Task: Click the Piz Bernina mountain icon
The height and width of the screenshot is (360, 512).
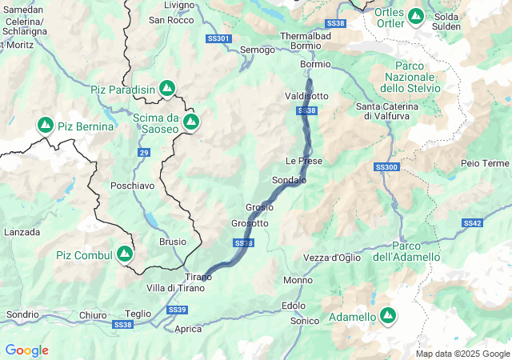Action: [x=46, y=126]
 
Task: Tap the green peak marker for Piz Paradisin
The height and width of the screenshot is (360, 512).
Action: [x=167, y=87]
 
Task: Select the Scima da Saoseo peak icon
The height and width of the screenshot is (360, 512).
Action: [x=191, y=122]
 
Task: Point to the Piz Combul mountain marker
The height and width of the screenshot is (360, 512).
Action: [x=124, y=254]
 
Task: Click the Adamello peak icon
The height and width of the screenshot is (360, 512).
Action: [x=388, y=316]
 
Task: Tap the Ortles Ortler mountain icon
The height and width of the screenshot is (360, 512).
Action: [x=416, y=15]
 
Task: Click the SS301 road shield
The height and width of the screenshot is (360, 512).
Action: [x=218, y=38]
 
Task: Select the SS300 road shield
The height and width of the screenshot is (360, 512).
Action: [x=386, y=167]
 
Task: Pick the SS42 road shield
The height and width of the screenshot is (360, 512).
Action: [x=472, y=223]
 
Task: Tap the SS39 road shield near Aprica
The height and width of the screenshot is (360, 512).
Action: [x=178, y=310]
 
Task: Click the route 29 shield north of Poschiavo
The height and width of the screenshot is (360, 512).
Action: [x=143, y=152]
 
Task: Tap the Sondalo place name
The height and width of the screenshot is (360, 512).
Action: [x=289, y=180]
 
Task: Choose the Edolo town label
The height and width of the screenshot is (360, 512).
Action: [x=293, y=306]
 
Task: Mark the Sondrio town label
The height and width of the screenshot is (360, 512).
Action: [x=22, y=314]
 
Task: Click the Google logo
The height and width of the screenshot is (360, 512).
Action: [x=26, y=350]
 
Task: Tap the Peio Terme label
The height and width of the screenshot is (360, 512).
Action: [x=485, y=163]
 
